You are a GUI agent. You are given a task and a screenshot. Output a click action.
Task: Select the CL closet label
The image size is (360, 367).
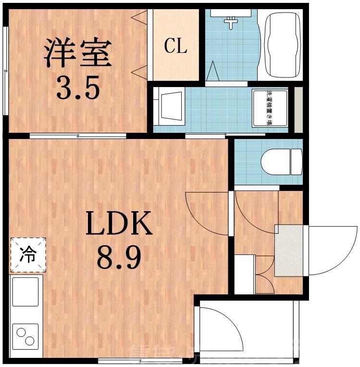(175, 46)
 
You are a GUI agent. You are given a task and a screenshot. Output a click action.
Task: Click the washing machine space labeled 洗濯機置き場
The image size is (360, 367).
(270, 109)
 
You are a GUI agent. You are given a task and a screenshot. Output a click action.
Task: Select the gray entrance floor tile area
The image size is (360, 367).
(289, 250)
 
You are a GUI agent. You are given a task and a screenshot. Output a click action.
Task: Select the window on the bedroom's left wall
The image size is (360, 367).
(5, 71)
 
